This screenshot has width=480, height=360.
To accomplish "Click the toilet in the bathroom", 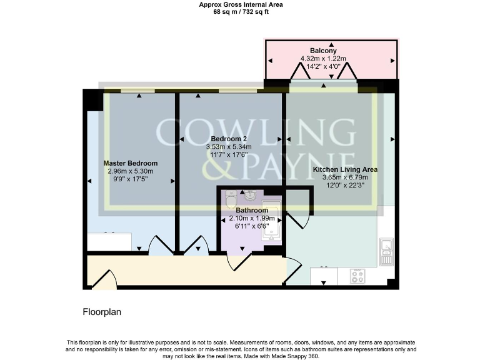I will click(231, 199).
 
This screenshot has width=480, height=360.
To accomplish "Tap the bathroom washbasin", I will click(251, 195).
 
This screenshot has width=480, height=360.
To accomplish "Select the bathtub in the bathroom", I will click(271, 224).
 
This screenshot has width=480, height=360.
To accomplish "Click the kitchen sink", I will click(386, 251).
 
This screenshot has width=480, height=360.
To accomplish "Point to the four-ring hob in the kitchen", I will click(358, 276).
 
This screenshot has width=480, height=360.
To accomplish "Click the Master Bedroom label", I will click(130, 163).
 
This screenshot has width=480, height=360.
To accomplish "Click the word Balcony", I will click(323, 51).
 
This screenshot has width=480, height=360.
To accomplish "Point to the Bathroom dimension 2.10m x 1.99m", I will click(252, 218).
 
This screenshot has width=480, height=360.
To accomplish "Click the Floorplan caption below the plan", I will click(102, 311).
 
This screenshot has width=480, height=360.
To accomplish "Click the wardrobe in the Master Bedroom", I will click(109, 241).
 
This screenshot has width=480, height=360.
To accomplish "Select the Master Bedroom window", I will click(138, 91).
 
